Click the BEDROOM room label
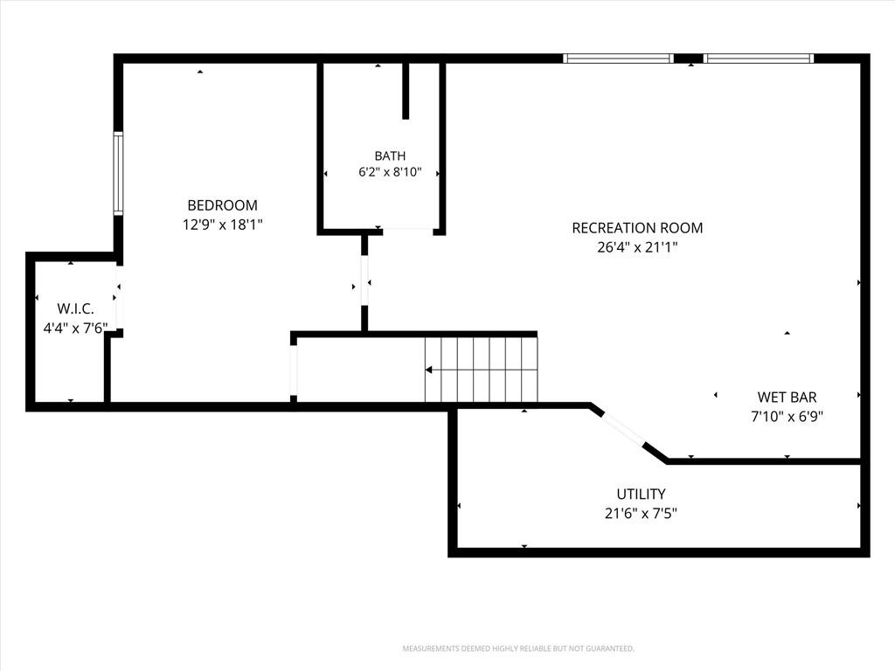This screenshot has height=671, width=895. point(223,205)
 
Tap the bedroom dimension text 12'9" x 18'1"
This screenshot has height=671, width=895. point(223,225)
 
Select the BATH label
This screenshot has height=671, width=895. point(391,156)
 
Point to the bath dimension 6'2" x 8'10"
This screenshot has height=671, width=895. point(390,172)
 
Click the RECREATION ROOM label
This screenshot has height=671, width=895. point(637,228)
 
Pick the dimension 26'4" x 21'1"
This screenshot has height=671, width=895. point(637,247)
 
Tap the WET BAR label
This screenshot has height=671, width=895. point(787,398)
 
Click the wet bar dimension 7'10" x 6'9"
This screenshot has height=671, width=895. point(787,417)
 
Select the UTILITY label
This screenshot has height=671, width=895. point(641,495)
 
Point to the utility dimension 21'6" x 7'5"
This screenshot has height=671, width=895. point(641,514)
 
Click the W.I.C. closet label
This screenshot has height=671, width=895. point(76,309)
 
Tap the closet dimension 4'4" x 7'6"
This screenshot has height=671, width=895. point(76,329)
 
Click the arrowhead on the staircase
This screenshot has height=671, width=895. point(428,370)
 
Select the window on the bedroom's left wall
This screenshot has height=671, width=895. point(118,174)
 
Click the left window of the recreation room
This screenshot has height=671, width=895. point(618,59)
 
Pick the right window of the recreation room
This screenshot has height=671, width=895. point(759,59)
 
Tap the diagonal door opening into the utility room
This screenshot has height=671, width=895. point(624,427)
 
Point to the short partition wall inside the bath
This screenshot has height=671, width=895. point(406,91)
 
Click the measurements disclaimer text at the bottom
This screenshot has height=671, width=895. point(518,649)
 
